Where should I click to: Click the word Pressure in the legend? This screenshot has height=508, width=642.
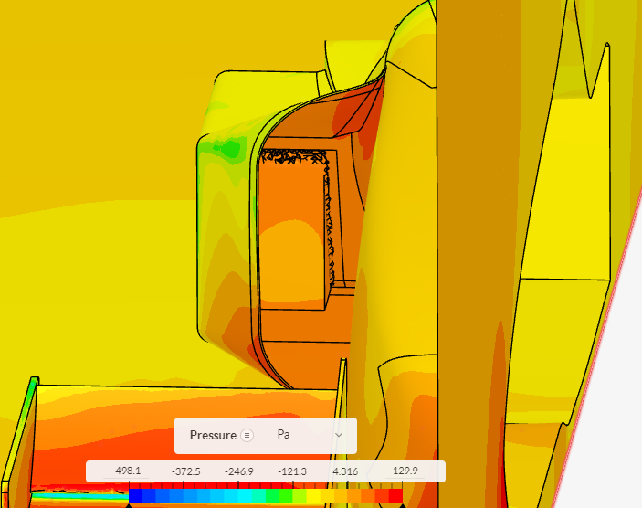coord(213,435)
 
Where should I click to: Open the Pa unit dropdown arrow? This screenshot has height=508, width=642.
coord(339,435)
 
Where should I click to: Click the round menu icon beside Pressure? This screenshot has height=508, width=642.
coord(247,435)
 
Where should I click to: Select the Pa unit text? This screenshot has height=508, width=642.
coord(283,434)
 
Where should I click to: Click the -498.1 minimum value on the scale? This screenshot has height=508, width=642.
coord(126,471)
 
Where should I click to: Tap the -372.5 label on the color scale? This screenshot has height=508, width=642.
coord(186,471)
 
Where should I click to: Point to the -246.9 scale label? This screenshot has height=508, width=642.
coord(239,471)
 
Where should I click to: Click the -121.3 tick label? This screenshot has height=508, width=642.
coord(292,471)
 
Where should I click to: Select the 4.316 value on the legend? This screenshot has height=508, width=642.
coord(345,471)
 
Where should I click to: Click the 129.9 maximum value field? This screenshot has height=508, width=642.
coord(405,471)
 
